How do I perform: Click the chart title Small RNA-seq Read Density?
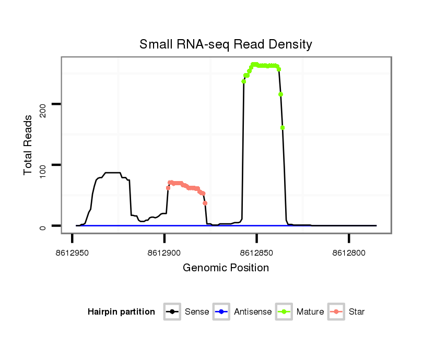click(226, 44)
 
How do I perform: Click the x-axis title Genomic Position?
click(226, 268)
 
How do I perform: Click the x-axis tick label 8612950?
click(72, 253)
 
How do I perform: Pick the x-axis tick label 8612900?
click(164, 253)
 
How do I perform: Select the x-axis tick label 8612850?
click(256, 253)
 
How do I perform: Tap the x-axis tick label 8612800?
click(349, 253)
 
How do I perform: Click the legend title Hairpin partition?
click(121, 312)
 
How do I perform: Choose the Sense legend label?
click(197, 312)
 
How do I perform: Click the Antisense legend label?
click(253, 312)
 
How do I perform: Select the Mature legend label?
click(310, 312)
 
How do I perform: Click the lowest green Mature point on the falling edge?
click(283, 128)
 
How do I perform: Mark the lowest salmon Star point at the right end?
click(205, 203)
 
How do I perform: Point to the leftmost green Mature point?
click(244, 81)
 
